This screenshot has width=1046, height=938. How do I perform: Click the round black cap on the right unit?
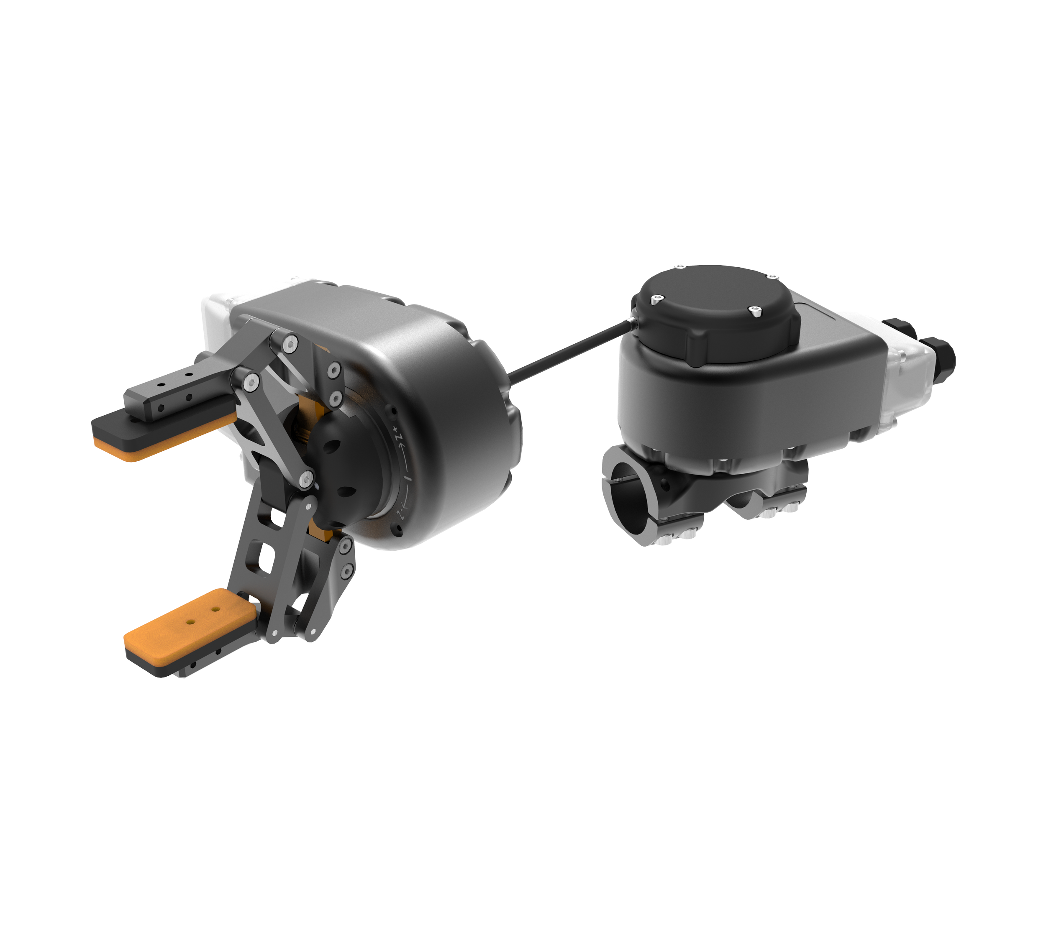[717, 314]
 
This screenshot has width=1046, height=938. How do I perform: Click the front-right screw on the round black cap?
[755, 311]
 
